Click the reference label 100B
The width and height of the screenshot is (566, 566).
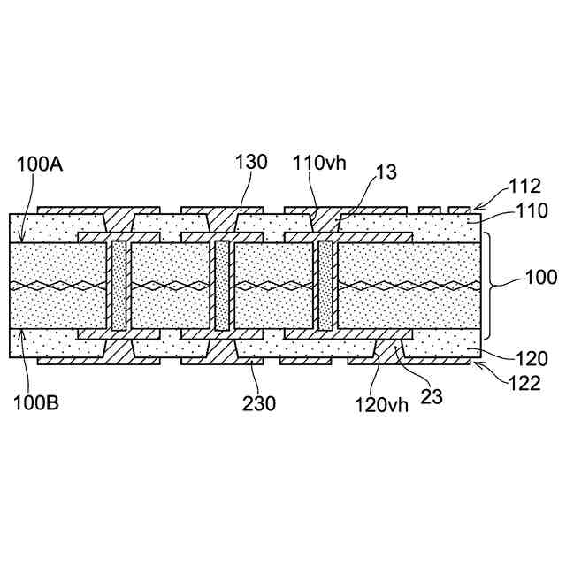point(35,403)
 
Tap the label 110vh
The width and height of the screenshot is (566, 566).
point(316,164)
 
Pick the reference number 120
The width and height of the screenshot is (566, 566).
point(532,359)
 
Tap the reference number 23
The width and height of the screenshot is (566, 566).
point(431,397)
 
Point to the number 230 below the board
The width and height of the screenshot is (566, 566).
point(258,403)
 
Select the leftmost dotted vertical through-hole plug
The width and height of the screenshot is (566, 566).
point(119,285)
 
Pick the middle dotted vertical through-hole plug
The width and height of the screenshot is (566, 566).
point(221,285)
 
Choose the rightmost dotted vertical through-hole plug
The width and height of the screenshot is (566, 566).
point(325,285)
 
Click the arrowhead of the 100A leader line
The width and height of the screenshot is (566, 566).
point(21,241)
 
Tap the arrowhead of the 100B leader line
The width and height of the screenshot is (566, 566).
point(21,330)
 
